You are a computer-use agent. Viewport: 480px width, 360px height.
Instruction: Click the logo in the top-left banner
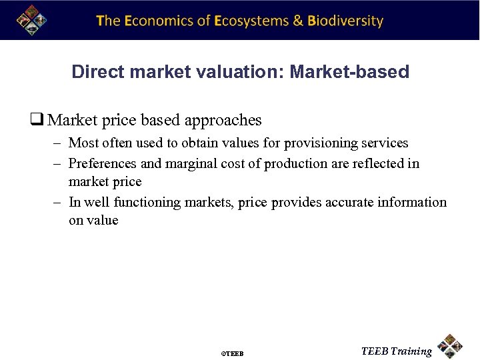coord(32,19)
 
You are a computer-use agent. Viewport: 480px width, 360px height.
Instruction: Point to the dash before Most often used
coord(58,143)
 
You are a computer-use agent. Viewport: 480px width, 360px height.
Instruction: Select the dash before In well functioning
coord(58,202)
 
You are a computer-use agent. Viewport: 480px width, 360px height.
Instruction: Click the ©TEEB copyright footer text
coord(232,353)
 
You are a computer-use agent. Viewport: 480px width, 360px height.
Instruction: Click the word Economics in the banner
coord(159,21)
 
